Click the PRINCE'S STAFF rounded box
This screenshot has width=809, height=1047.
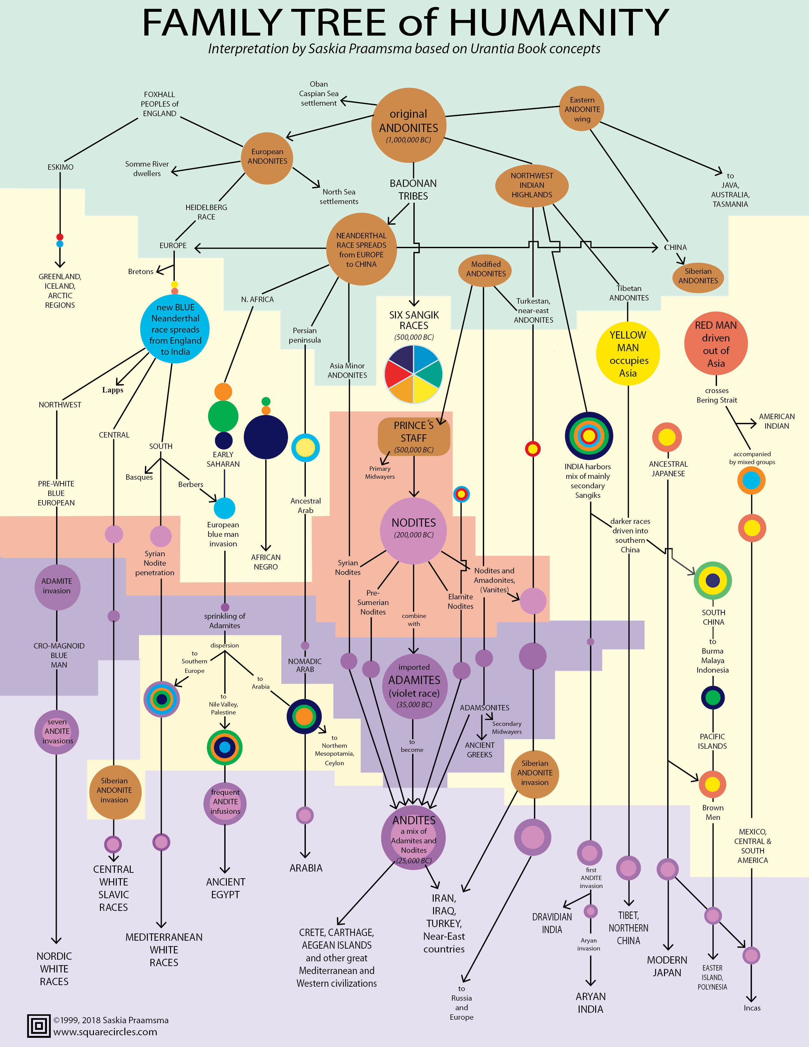pos(414,436)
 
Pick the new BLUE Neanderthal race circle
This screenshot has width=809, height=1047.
pos(175,329)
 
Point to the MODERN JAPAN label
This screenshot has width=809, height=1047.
pos(667,966)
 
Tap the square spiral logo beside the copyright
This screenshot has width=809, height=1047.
pos(39,1026)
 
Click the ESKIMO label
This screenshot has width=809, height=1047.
pos(60,167)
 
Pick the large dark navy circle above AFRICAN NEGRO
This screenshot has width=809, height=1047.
pos(266,437)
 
